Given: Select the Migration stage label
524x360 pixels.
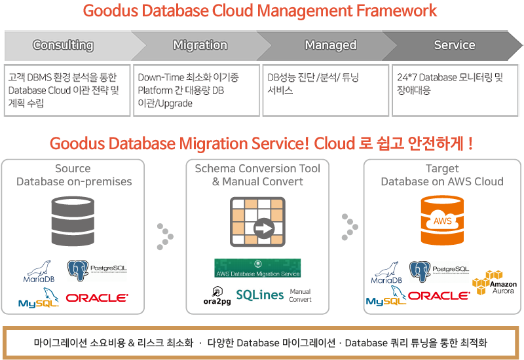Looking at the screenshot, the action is (200, 45).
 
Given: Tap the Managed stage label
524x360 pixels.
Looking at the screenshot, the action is (331, 45).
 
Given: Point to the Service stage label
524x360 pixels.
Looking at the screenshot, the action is (455, 45).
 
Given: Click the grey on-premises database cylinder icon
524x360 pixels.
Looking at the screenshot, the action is (73, 221).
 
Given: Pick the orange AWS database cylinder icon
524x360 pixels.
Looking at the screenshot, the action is (442, 221).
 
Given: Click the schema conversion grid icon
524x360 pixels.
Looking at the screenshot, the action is (257, 222).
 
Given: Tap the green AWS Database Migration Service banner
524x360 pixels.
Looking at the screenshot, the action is (257, 268).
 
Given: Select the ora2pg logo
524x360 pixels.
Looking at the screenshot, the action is (217, 296).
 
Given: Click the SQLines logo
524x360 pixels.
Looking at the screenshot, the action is (259, 295).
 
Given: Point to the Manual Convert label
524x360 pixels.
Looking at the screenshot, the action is (300, 296).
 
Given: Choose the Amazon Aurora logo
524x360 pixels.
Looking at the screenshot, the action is (495, 283).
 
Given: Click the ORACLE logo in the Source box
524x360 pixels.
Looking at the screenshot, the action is (97, 298).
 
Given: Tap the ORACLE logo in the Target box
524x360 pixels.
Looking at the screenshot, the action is (439, 296).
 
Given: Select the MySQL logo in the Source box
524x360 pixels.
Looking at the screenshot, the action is (39, 298).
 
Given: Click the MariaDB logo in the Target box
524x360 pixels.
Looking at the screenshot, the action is (386, 273).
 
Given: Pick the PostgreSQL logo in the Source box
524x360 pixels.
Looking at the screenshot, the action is (97, 270).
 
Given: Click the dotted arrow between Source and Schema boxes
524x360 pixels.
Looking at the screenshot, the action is (165, 236).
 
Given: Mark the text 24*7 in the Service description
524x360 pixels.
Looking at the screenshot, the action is (407, 77).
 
